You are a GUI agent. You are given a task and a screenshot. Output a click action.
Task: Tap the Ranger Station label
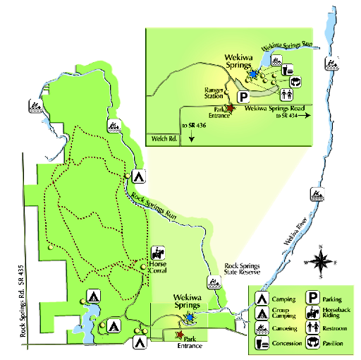click(214, 94)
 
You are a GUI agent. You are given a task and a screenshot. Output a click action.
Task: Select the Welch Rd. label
click(161, 138)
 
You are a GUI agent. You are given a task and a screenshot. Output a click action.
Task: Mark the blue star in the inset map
click(253, 73)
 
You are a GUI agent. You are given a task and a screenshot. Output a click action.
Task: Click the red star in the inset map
click(228, 100)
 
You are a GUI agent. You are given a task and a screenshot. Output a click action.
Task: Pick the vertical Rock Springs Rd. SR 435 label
click(26, 296)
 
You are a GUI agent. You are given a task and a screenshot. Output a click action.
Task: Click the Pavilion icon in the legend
click(310, 344)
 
